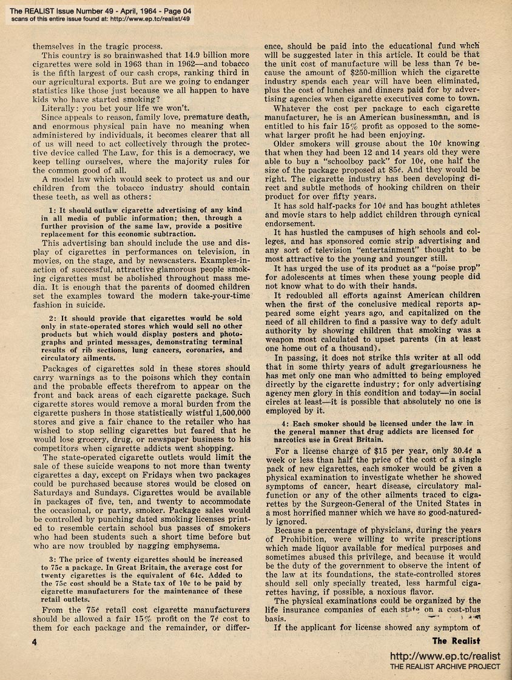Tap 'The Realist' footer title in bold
point(456,641)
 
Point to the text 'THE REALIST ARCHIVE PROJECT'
point(445,667)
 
